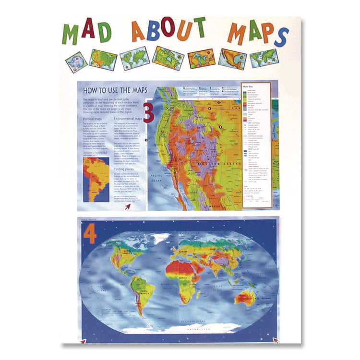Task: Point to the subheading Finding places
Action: (126, 169)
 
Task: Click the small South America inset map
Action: (96, 179)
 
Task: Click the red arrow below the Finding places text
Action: (128, 206)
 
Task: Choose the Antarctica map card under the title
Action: (77, 62)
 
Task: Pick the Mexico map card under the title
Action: (232, 59)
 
